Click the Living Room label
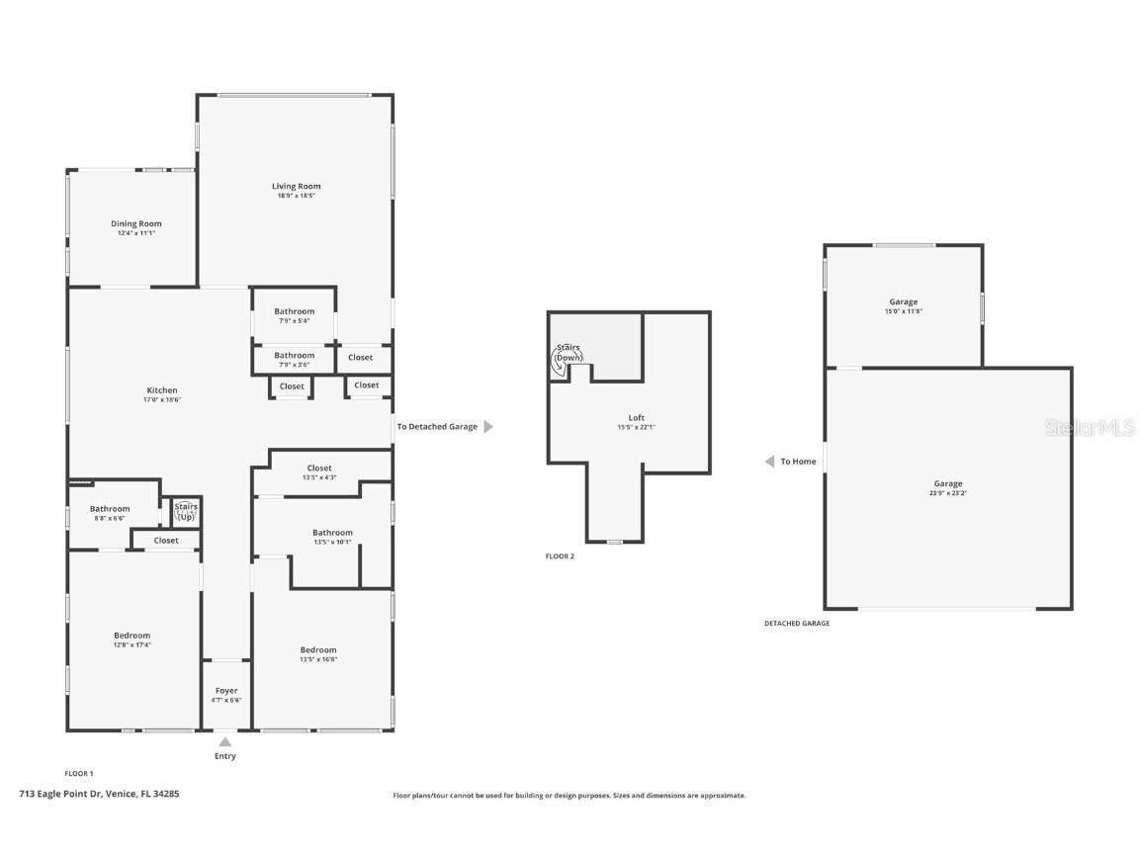(x=297, y=186)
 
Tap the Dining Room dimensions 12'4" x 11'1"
(x=135, y=233)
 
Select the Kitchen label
(x=162, y=390)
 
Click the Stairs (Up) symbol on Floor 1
(x=186, y=512)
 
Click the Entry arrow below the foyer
(x=225, y=742)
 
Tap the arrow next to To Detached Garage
(x=487, y=427)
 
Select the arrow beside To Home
(x=769, y=462)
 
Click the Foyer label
(x=225, y=691)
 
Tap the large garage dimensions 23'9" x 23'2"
(x=947, y=493)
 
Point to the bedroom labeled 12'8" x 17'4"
(x=131, y=636)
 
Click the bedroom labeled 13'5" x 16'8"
(x=318, y=650)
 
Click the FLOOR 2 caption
(x=560, y=556)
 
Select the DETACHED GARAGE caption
(x=797, y=624)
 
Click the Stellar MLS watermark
(x=1090, y=427)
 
